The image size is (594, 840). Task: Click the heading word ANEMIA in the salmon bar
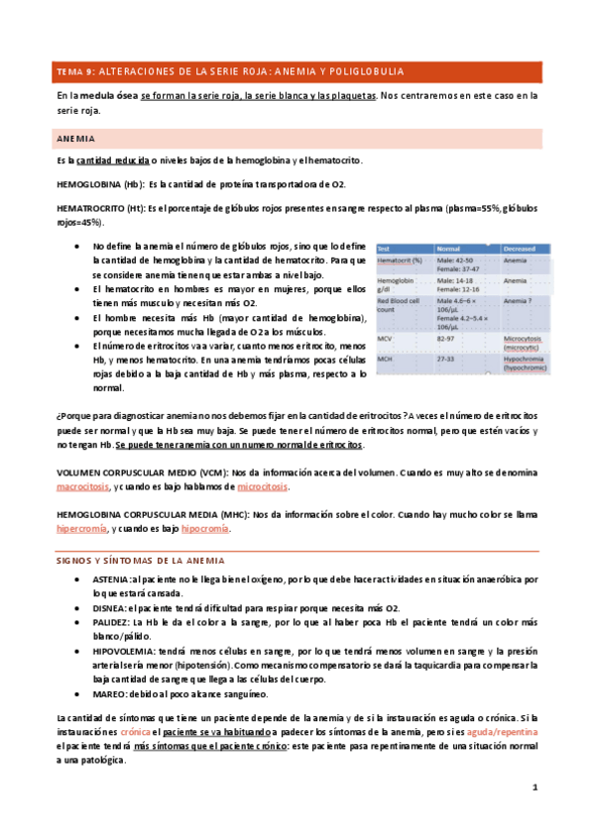click(x=76, y=140)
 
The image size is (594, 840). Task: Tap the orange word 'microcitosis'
click(x=259, y=487)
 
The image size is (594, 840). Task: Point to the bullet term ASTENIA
click(x=109, y=578)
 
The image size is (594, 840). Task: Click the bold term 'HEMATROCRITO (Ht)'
click(x=101, y=209)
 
